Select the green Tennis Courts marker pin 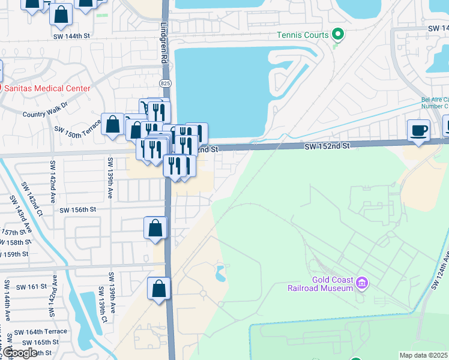point(338,34)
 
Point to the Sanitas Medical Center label point(47,88)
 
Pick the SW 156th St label point(78,209)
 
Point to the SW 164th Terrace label point(41,332)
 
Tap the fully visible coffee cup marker point(418,130)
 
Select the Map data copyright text point(424,355)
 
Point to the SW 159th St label point(14,254)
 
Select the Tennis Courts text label point(303,35)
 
